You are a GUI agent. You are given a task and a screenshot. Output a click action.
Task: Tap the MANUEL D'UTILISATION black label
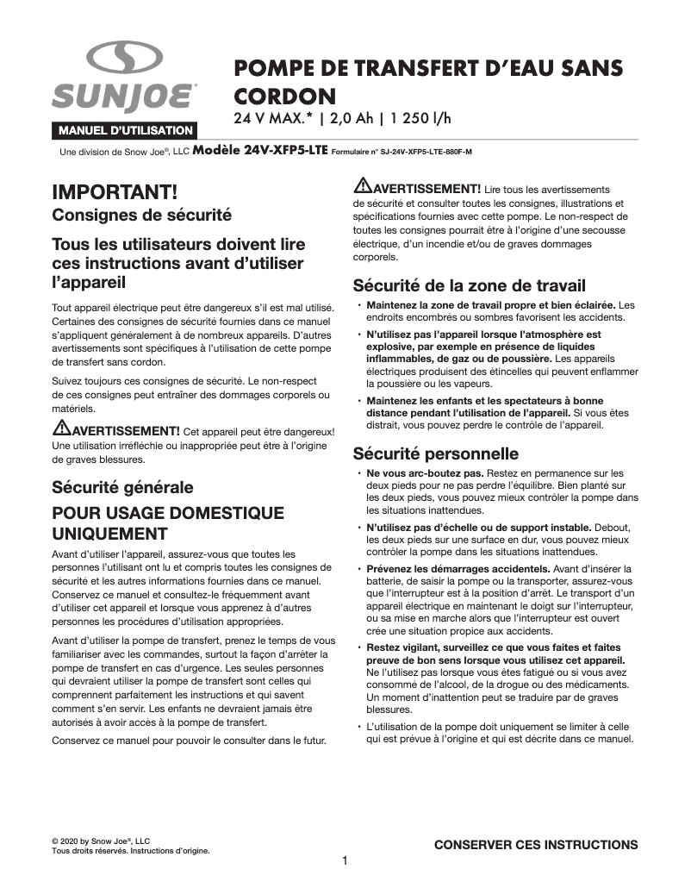pos(124,131)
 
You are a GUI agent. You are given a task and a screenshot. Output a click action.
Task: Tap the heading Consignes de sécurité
pos(141,214)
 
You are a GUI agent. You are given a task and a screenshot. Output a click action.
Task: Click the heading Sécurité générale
pos(122,487)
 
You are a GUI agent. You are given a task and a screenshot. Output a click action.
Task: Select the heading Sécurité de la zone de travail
pos(470,285)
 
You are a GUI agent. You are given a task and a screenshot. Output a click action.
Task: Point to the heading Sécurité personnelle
pos(436,453)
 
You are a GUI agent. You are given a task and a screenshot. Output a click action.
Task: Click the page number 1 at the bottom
pos(345,860)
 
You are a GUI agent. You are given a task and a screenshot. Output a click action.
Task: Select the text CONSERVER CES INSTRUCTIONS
pos(535,845)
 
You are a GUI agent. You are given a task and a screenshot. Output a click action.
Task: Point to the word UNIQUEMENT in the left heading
pos(109,533)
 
